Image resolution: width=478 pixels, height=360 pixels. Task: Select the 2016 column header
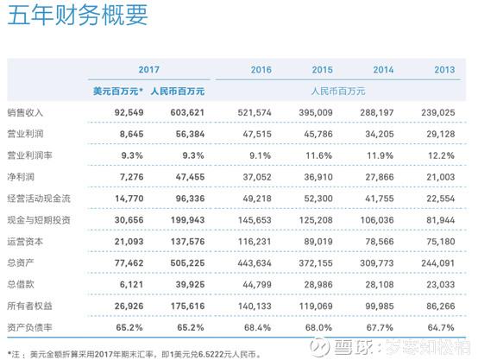[260, 69]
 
